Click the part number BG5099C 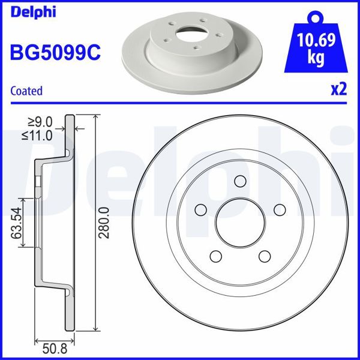point(55,52)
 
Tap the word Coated point(27,91)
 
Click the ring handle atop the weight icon point(316,16)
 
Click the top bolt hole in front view point(241,181)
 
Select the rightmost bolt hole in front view point(278,209)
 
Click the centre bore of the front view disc point(240,222)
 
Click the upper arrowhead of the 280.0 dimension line point(95,118)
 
